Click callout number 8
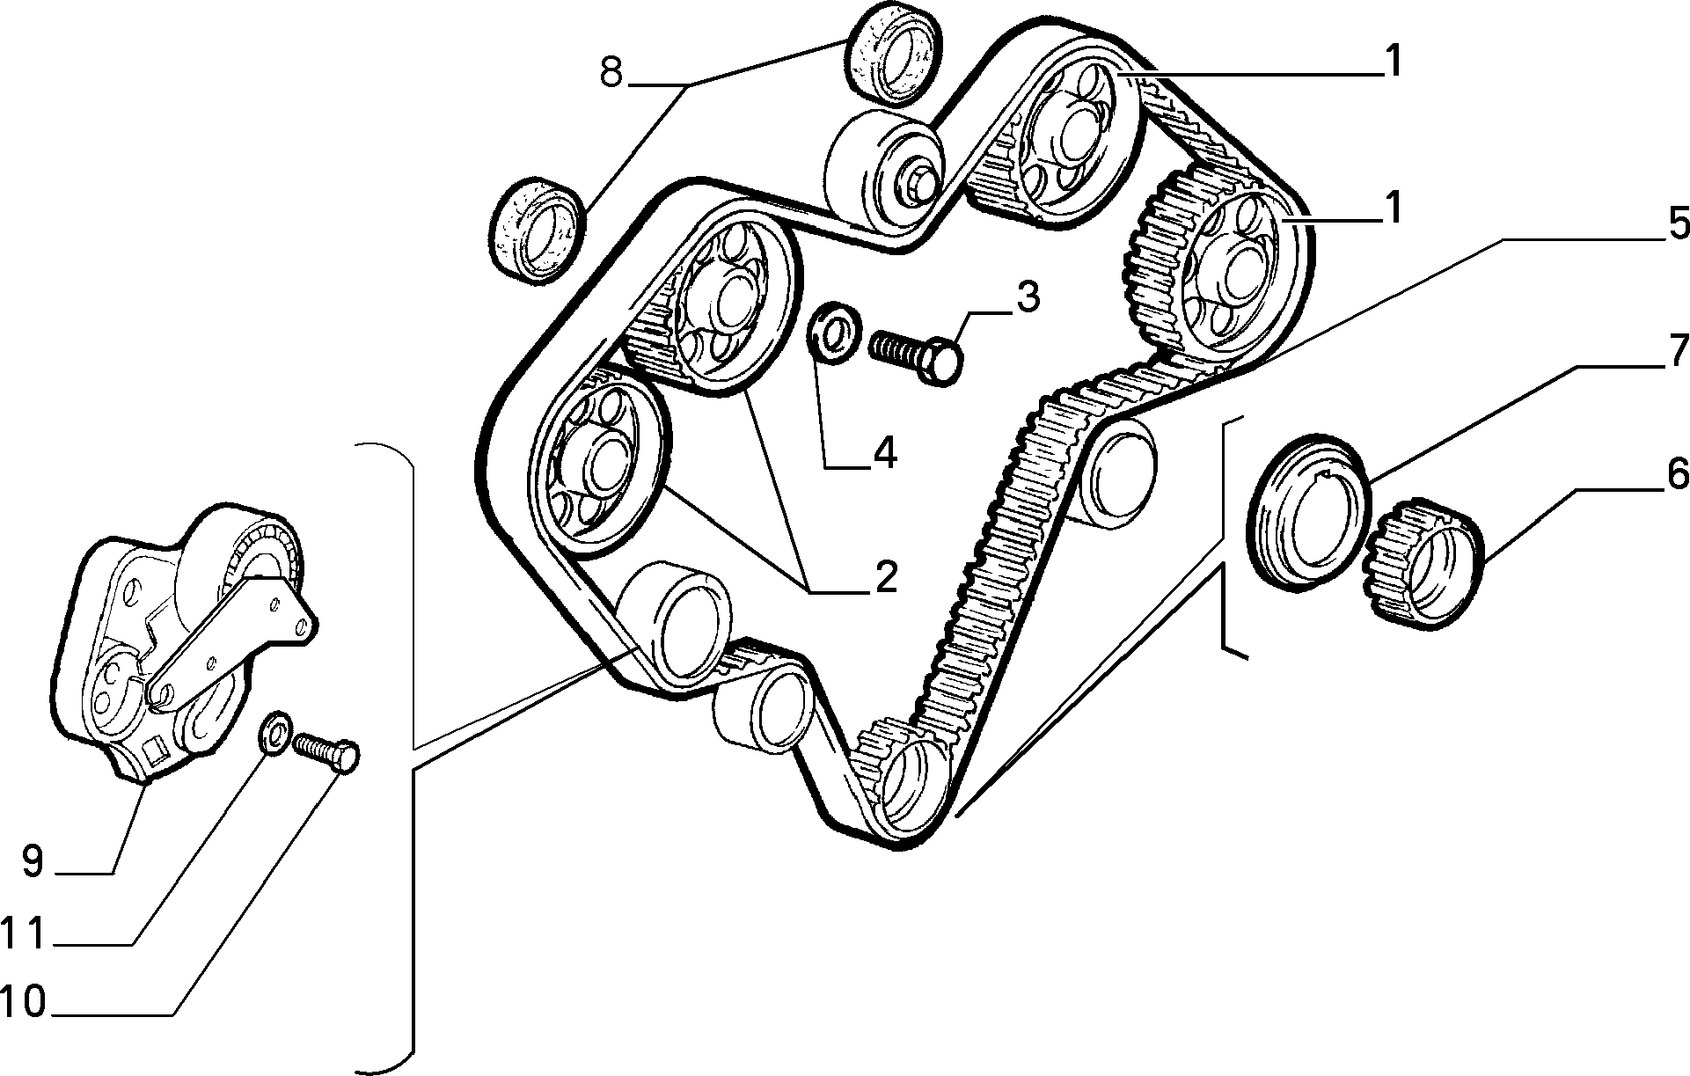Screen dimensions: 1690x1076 click(x=611, y=73)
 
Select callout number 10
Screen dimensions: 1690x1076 click(x=24, y=1002)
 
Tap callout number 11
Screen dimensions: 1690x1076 click(x=24, y=933)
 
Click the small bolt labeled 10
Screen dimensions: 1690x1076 click(x=326, y=753)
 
